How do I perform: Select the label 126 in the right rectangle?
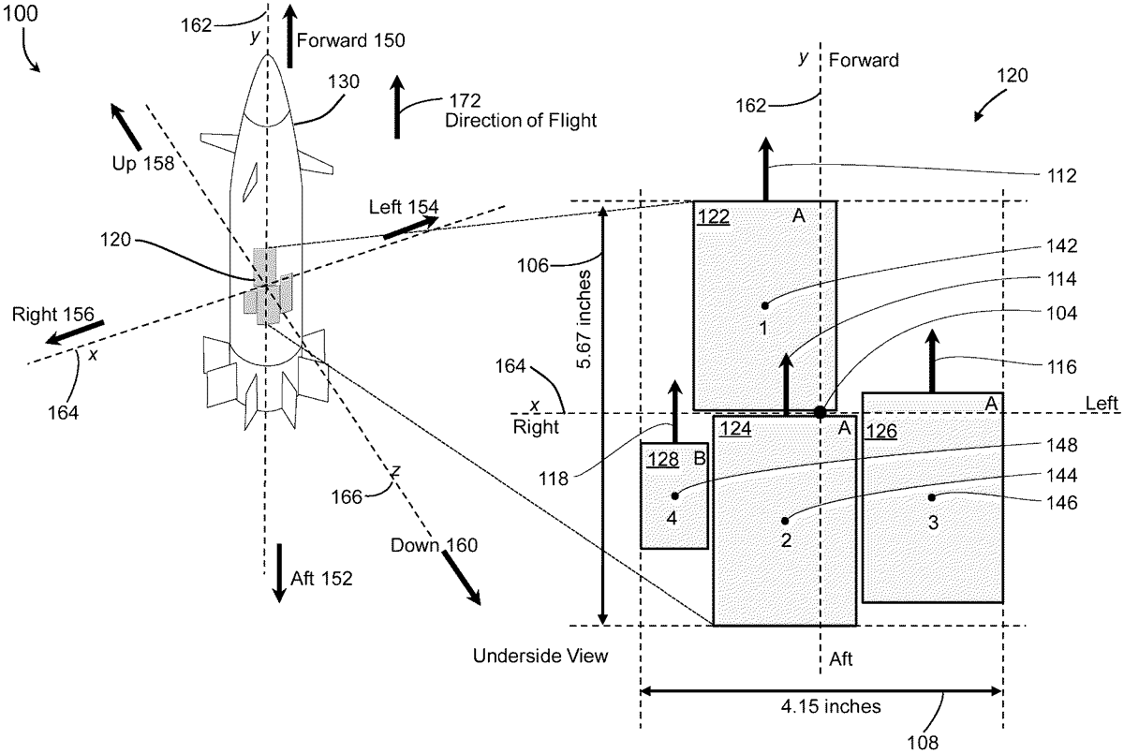point(880,432)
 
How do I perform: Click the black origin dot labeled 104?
point(820,411)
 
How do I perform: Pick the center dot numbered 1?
point(764,305)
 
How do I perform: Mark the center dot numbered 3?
point(932,497)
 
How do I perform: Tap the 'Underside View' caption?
point(541,657)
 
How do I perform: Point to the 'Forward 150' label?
point(351,40)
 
